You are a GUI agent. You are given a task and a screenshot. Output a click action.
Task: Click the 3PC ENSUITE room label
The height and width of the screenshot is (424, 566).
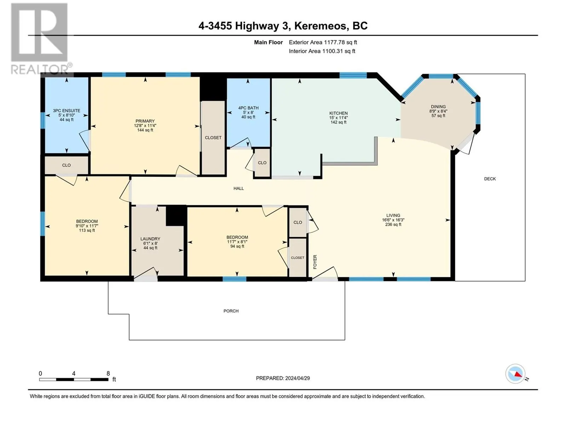pos(67,111)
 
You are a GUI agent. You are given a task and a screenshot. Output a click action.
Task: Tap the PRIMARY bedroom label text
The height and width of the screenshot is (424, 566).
pos(145,121)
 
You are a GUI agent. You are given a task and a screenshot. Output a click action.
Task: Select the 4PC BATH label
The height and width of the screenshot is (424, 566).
pos(248,108)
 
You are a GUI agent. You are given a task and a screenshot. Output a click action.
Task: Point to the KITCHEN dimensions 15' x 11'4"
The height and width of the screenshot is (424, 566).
pos(339,118)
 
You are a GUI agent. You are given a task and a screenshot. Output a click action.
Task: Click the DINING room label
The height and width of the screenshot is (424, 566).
pos(438,106)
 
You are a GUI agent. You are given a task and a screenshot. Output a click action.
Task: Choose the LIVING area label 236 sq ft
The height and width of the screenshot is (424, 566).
pos(393,224)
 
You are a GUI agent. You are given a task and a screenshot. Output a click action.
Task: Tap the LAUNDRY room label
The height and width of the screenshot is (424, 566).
pos(150,239)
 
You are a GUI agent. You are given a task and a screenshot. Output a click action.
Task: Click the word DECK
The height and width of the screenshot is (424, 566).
pos(490,179)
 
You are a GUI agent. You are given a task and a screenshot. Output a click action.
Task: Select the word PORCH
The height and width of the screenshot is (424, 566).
pos(231,311)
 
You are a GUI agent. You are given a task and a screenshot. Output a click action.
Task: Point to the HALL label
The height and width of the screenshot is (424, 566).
pos(239,188)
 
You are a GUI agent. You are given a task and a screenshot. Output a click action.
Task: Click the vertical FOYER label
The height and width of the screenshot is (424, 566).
pos(315,262)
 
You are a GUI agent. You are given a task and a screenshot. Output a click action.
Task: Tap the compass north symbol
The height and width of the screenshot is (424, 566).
pos(516,374)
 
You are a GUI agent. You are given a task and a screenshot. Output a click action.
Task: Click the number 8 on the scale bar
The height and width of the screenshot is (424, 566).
pos(108,373)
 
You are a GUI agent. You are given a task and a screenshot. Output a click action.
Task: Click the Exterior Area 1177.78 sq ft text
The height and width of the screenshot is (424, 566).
pos(323,42)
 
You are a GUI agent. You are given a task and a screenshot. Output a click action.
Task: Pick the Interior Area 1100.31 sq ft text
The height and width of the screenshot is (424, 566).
pos(322,51)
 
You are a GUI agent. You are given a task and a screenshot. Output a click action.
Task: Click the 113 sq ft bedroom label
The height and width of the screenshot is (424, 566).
pos(87,230)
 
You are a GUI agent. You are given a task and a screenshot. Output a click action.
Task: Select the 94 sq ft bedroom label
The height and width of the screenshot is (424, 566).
pos(237,246)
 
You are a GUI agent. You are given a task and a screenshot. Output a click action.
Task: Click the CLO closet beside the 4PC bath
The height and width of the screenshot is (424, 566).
pos(262,163)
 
